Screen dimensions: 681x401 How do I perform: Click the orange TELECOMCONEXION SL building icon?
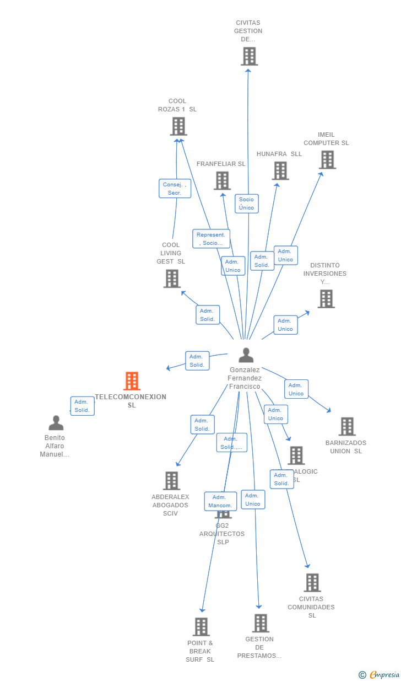(x=132, y=381)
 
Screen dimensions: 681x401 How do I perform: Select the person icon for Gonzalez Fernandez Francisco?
(x=246, y=356)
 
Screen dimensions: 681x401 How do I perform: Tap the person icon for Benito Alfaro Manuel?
(x=56, y=423)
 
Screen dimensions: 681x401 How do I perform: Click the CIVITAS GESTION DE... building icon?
(x=249, y=56)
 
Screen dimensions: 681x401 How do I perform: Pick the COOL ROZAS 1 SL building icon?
(x=178, y=126)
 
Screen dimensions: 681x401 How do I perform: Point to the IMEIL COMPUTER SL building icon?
(x=327, y=160)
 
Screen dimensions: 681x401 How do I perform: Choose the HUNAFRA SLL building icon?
(x=280, y=171)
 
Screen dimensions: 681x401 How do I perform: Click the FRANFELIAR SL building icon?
(x=222, y=181)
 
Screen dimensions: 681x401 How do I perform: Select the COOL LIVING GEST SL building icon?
(x=172, y=278)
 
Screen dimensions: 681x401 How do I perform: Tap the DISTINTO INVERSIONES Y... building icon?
(x=326, y=299)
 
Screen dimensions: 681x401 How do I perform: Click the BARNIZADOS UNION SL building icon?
(x=346, y=426)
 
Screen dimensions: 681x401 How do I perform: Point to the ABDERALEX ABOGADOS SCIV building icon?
(x=171, y=481)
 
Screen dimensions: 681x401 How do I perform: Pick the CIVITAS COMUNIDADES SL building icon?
(x=312, y=582)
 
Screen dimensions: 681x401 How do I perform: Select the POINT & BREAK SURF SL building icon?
(x=201, y=627)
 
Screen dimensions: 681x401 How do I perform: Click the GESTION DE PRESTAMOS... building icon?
(x=260, y=623)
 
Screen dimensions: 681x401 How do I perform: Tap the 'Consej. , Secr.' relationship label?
(x=175, y=189)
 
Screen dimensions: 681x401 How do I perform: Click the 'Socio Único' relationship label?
(x=247, y=203)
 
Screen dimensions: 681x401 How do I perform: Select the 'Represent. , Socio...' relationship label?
(x=211, y=239)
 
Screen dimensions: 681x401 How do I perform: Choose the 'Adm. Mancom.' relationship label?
(x=220, y=501)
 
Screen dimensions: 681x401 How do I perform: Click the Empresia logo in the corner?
(x=383, y=674)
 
